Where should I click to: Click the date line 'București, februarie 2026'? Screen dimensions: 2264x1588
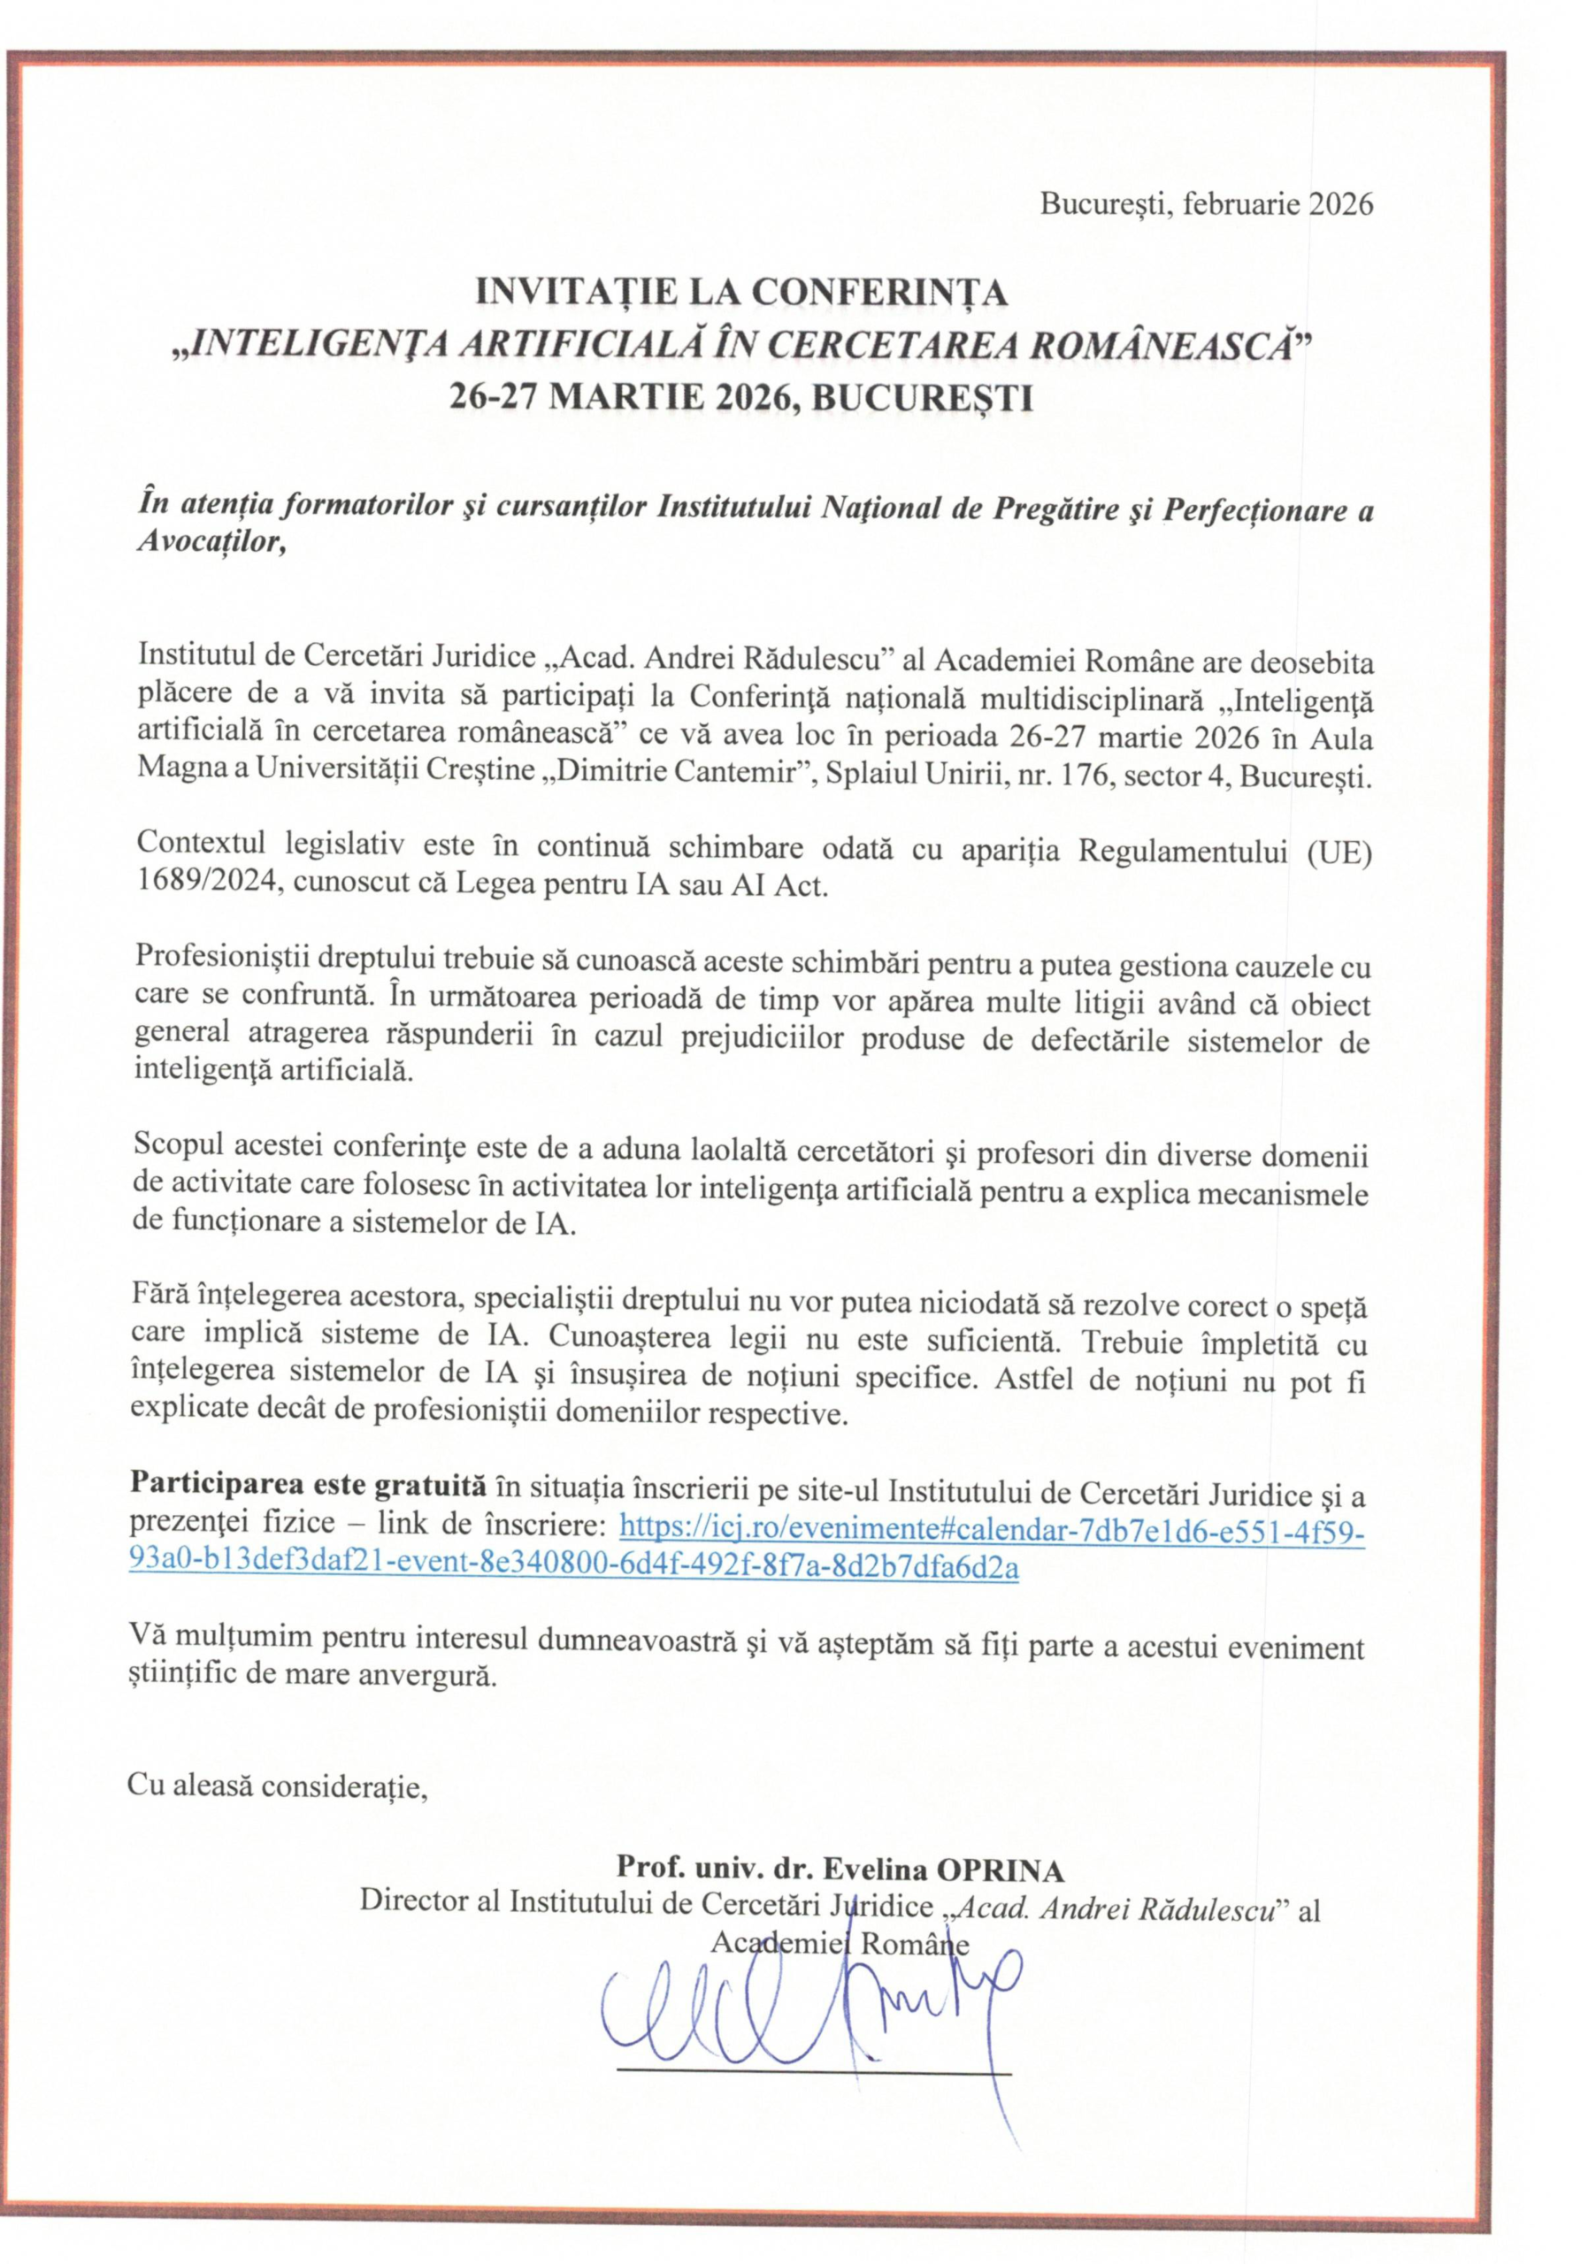(x=1207, y=204)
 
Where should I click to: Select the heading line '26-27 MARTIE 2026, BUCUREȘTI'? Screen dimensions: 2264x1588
(x=740, y=397)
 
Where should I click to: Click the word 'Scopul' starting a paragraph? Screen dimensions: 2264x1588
(x=175, y=1150)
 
